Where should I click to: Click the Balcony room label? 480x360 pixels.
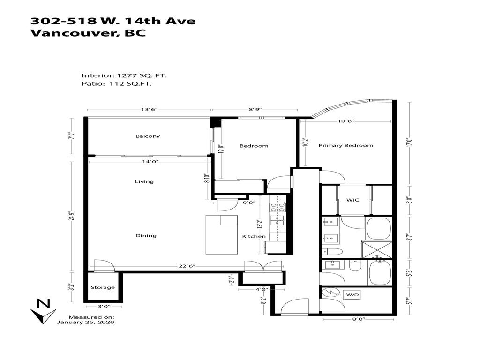click(x=148, y=136)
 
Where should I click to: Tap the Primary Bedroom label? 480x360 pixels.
click(x=346, y=145)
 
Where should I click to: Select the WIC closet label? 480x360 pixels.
click(x=352, y=200)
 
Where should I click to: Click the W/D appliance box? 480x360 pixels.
click(x=352, y=295)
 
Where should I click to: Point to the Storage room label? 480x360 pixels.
click(x=103, y=287)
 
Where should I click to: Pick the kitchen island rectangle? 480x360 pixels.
click(x=222, y=233)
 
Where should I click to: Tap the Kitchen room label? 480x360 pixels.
click(x=254, y=236)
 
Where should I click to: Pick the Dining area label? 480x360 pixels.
click(x=146, y=235)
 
